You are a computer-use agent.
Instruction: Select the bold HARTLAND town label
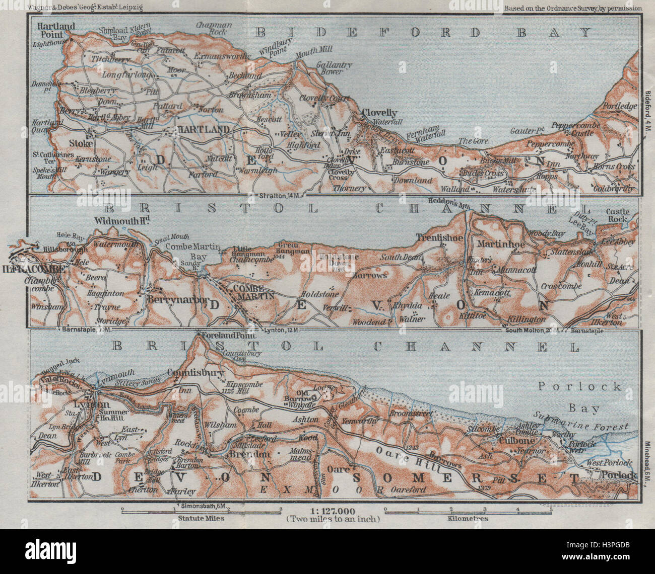(196, 130)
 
